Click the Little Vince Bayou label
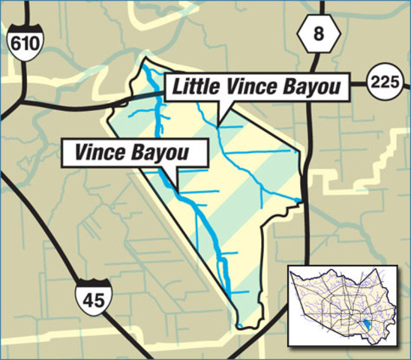pyautogui.click(x=256, y=88)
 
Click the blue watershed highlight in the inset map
pyautogui.click(x=364, y=325)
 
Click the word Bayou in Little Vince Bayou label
pyautogui.click(x=308, y=88)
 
